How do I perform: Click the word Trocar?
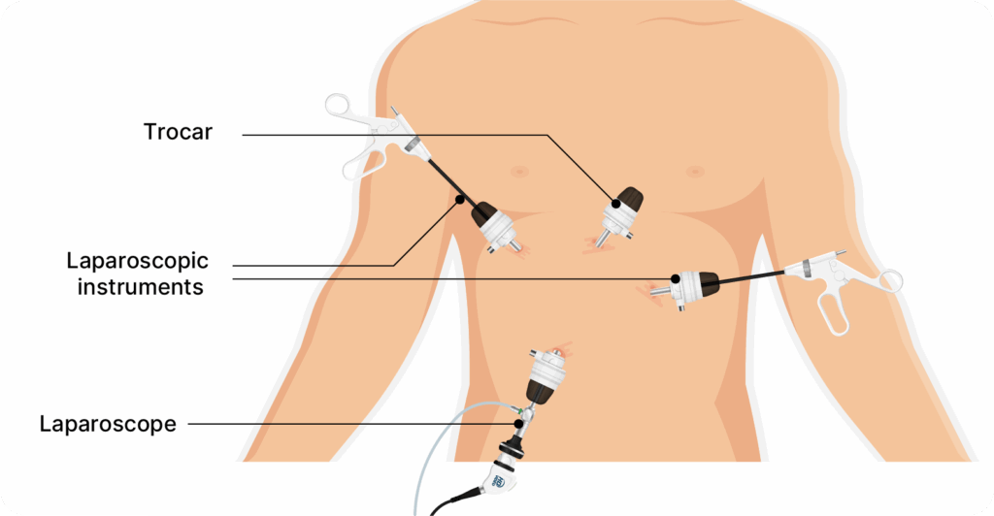pyautogui.click(x=178, y=132)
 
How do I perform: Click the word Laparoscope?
pyautogui.click(x=108, y=424)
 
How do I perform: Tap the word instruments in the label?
pyautogui.click(x=140, y=287)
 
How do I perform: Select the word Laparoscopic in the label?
pyautogui.click(x=138, y=261)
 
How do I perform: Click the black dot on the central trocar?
pyautogui.click(x=615, y=204)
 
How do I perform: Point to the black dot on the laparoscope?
pyautogui.click(x=518, y=424)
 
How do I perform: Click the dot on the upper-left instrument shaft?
pyautogui.click(x=460, y=200)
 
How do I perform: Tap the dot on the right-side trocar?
pyautogui.click(x=676, y=278)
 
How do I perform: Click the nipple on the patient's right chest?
pyautogui.click(x=520, y=172)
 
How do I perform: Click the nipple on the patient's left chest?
pyautogui.click(x=695, y=172)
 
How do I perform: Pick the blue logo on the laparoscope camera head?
pyautogui.click(x=498, y=480)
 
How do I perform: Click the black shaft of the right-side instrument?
pyautogui.click(x=752, y=279)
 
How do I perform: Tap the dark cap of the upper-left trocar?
pyautogui.click(x=483, y=212)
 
